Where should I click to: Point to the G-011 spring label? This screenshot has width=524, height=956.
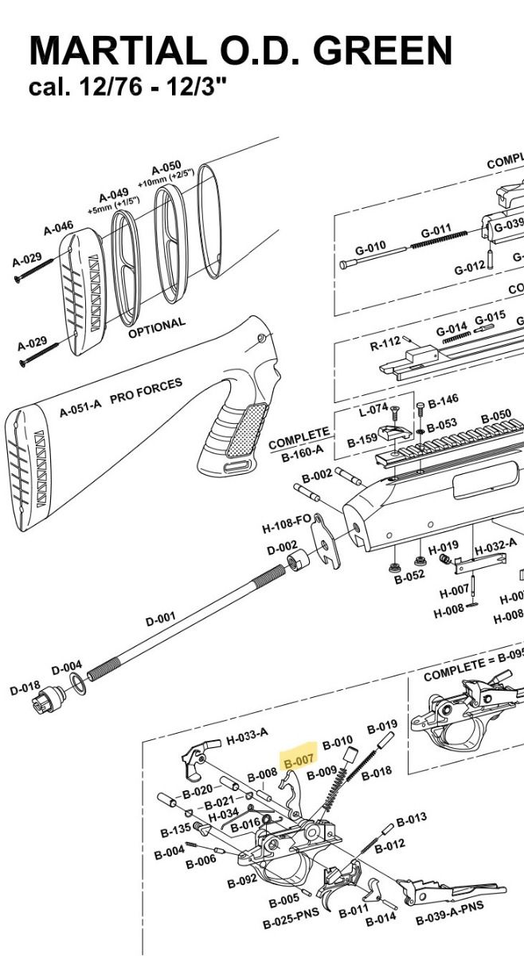(436, 231)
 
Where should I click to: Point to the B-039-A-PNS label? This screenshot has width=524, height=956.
(450, 914)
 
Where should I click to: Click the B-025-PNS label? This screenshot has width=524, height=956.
(291, 921)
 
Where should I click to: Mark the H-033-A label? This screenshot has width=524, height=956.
(247, 738)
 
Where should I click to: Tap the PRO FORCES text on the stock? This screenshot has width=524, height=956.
(146, 390)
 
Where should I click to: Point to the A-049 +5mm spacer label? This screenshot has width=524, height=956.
(114, 197)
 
